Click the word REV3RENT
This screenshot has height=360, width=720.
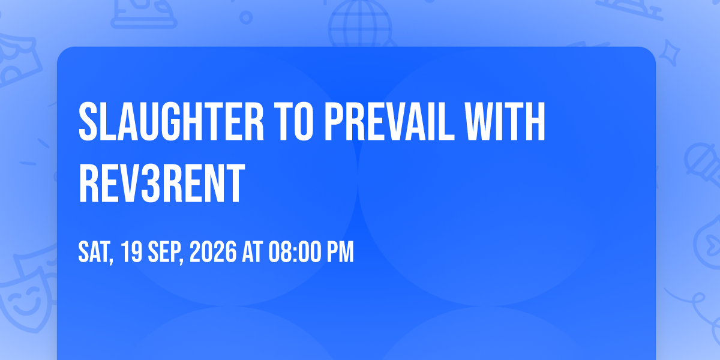point(161,183)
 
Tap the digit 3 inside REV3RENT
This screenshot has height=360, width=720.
point(151,183)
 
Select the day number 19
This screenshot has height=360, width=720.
point(132,252)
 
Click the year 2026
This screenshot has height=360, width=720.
point(213,252)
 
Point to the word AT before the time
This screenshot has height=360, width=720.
point(253,252)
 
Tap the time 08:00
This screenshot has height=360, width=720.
point(295,252)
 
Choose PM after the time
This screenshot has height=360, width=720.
point(340,252)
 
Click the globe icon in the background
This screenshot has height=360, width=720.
point(360,23)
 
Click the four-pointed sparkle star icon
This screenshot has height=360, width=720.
point(670,53)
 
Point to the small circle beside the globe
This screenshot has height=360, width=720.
point(246,17)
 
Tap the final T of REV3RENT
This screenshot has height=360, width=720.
point(235,183)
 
